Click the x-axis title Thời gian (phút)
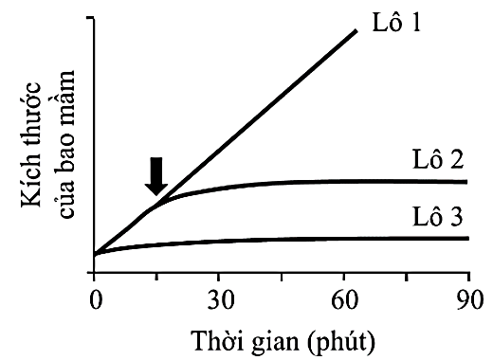(281, 338)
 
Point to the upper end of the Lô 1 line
(356, 31)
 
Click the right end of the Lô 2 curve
(467, 181)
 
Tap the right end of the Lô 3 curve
(467, 238)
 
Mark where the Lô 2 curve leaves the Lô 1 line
(157, 201)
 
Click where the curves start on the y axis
(95, 254)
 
